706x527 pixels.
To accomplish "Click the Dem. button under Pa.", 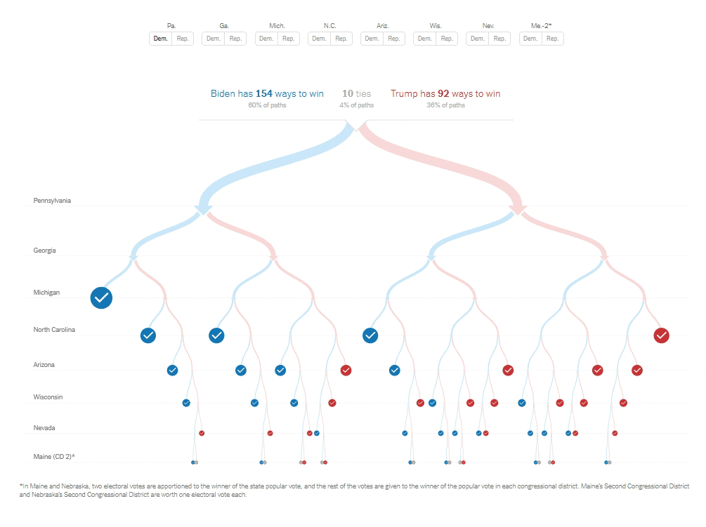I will [x=161, y=39].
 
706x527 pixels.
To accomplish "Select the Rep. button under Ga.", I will [x=235, y=39].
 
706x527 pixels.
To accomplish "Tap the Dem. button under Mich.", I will [x=266, y=39].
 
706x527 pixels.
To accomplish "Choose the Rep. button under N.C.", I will [x=341, y=39].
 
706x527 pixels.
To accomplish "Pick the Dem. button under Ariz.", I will [x=372, y=39].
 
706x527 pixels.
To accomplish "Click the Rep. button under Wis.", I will [x=447, y=39].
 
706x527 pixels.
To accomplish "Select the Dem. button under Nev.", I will [x=478, y=39].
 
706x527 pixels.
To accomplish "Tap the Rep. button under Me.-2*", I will [x=552, y=39].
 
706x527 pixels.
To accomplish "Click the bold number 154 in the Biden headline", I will [x=263, y=93].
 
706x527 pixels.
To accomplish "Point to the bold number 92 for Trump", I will [x=443, y=93].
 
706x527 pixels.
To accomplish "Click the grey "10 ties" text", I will [x=357, y=93].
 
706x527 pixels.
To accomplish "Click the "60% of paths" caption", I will [x=267, y=105].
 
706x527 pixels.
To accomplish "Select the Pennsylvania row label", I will [x=52, y=201].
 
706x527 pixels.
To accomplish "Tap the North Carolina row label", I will [x=54, y=330].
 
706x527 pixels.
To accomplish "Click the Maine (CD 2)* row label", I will [x=54, y=458].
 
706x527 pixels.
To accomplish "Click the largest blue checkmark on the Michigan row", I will [x=101, y=298].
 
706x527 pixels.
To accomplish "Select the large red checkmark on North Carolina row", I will [x=661, y=335].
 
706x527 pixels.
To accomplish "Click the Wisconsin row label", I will [x=48, y=397].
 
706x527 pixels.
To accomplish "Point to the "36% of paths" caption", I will [x=445, y=105].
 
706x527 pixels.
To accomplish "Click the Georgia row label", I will [x=44, y=251].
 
